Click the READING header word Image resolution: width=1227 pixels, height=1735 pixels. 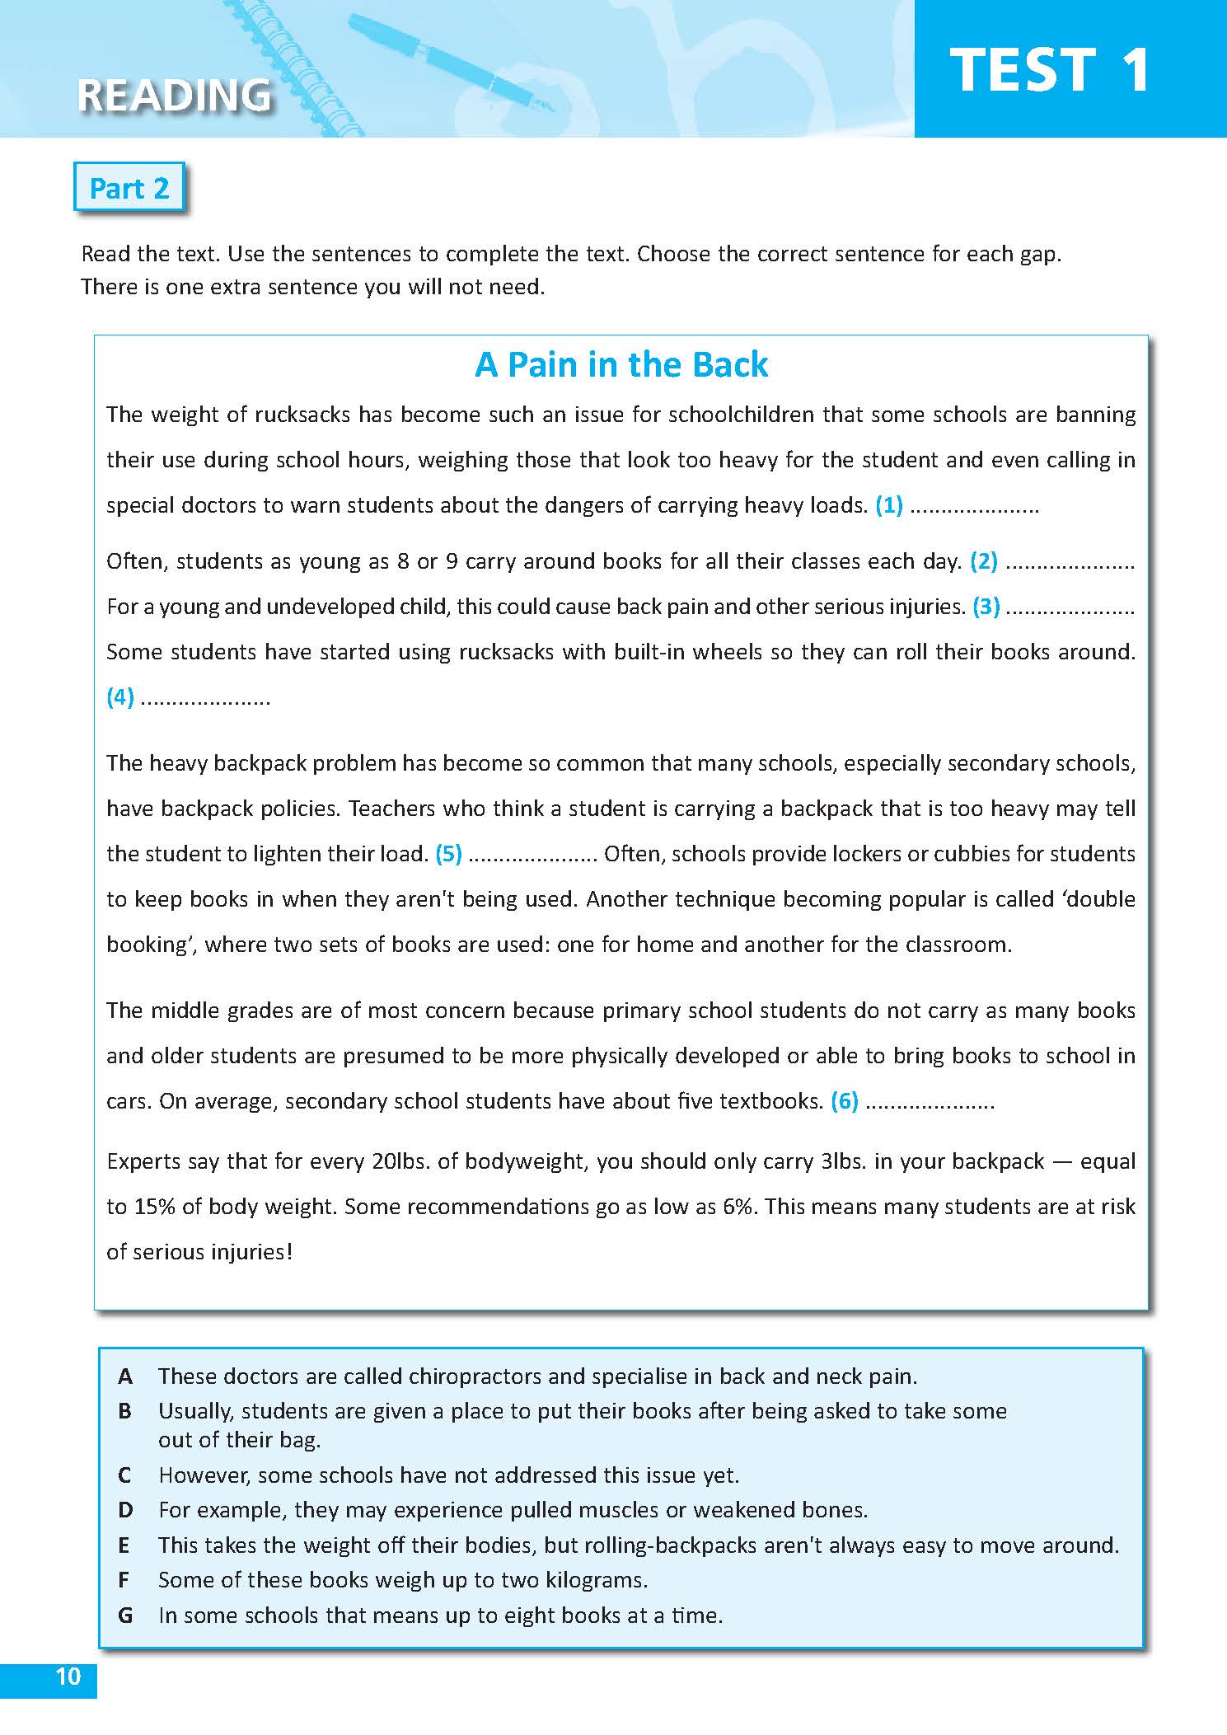pyautogui.click(x=174, y=95)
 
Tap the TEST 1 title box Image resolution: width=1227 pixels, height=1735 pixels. pyautogui.click(x=1050, y=69)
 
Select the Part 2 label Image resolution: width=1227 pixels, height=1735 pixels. pyautogui.click(x=129, y=189)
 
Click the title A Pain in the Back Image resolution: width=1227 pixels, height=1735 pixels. pyautogui.click(x=621, y=364)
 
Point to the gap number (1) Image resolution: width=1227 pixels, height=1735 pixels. pyautogui.click(x=889, y=504)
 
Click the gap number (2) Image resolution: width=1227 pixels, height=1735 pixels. pyautogui.click(x=984, y=561)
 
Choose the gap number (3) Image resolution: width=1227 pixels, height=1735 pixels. pyautogui.click(x=986, y=607)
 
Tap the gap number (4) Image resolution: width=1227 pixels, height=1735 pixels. pyautogui.click(x=120, y=697)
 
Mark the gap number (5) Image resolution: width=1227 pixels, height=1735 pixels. pyautogui.click(x=448, y=853)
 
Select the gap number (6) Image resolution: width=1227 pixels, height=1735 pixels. pyautogui.click(x=845, y=1100)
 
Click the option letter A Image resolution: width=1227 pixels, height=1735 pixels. pyautogui.click(x=125, y=1376)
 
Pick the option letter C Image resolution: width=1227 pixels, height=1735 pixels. pyautogui.click(x=125, y=1475)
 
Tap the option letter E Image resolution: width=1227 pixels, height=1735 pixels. pyautogui.click(x=125, y=1545)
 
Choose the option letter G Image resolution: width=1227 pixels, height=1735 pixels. pyautogui.click(x=125, y=1615)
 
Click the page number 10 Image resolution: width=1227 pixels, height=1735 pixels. pyautogui.click(x=68, y=1677)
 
